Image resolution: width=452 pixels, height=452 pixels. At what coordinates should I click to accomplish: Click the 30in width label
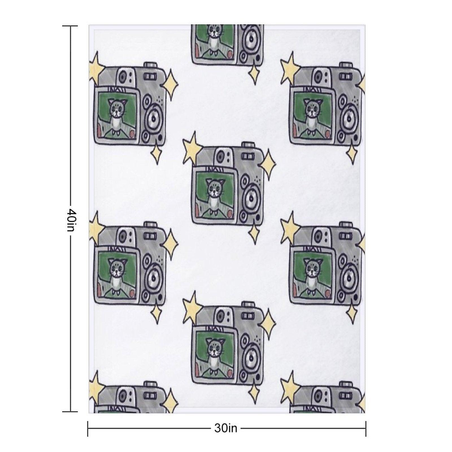pos(226,428)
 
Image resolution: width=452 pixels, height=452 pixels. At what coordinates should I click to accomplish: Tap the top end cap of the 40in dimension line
pos(70,26)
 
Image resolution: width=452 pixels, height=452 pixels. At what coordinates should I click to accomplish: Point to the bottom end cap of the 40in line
pos(70,411)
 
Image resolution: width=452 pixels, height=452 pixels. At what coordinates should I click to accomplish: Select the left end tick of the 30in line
pos(88,429)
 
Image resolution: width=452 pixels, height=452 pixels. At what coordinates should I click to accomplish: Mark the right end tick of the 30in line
pos(366,429)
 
